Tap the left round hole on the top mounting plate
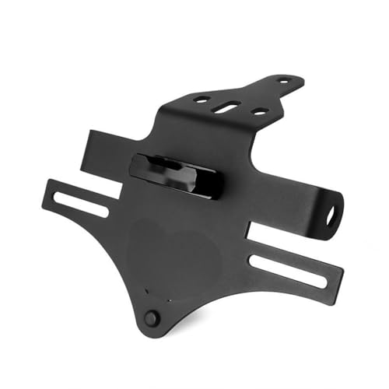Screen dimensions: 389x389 coord(202,100)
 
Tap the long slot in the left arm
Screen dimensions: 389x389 coord(80,203)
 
